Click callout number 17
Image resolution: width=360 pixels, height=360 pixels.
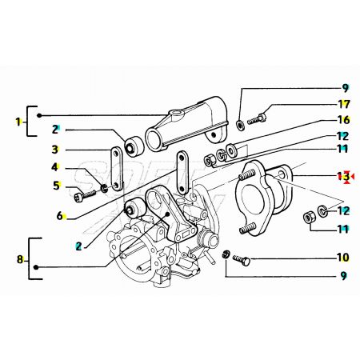coord(344,104)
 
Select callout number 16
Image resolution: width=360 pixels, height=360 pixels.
coord(344,120)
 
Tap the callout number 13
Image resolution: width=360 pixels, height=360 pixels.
coord(343,176)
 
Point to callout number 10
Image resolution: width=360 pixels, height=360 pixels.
coord(343,258)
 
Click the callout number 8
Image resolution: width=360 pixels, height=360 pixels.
coord(20,259)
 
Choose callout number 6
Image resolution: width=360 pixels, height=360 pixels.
coord(59,216)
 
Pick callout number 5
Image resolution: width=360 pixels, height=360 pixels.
coord(56,186)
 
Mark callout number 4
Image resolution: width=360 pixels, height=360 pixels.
coord(54,167)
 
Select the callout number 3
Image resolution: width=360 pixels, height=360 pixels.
coord(54,150)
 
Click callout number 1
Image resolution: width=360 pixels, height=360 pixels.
coord(18,122)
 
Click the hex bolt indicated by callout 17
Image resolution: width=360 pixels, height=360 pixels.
coord(257,119)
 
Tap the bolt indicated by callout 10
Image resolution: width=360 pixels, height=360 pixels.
coord(242,260)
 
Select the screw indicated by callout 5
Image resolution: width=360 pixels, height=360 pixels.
coord(85,196)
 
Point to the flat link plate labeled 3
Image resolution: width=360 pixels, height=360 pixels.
coord(117,169)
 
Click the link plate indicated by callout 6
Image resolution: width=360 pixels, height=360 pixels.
coord(182,172)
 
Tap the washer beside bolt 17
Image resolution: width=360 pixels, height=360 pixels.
coord(241,125)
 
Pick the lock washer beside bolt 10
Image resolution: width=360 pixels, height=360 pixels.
coord(226,254)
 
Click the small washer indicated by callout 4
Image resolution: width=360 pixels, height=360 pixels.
coord(104,188)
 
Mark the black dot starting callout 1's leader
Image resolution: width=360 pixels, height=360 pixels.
coord(39,115)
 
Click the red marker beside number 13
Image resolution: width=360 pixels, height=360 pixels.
coord(349,177)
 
